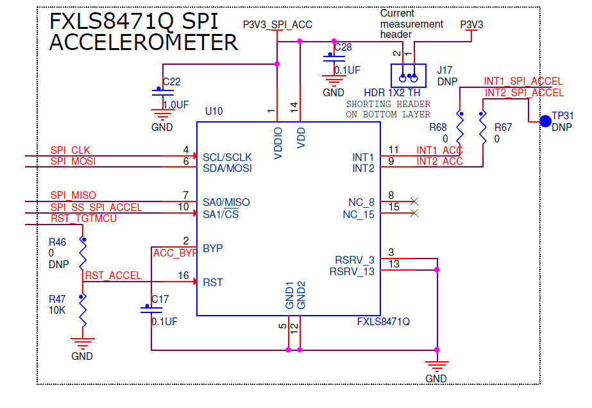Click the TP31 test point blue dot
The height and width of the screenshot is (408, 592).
point(545,121)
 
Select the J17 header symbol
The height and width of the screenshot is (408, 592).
point(409,76)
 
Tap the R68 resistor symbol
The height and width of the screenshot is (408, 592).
point(460,128)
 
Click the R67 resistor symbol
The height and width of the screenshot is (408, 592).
point(482,128)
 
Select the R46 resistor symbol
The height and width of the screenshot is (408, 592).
point(82,253)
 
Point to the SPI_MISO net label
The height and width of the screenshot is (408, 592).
point(73,195)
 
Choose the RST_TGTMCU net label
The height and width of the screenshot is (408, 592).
point(83,218)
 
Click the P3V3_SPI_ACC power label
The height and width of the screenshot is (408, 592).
point(277,24)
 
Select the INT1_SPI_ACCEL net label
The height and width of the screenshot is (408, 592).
point(523,81)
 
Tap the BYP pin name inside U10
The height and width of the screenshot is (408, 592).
point(213,248)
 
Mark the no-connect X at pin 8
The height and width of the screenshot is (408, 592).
point(414,201)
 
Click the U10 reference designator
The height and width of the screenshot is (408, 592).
point(214,111)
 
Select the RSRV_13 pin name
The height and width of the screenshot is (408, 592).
point(351,271)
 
